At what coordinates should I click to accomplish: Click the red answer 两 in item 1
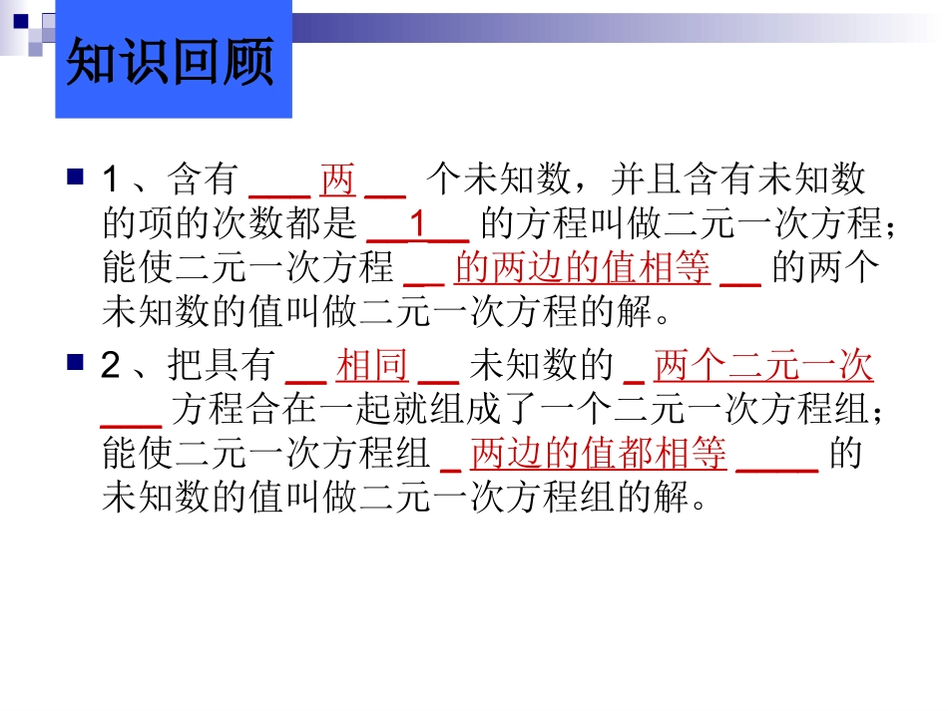click(x=337, y=180)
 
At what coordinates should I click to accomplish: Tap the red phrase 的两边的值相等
click(x=582, y=267)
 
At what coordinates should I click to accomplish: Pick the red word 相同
click(x=372, y=367)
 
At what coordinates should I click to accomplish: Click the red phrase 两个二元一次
click(x=763, y=367)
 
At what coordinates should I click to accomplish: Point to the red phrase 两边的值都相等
click(x=598, y=454)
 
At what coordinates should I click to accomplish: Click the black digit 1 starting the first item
click(x=112, y=181)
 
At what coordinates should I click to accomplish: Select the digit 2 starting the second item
click(x=112, y=368)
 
